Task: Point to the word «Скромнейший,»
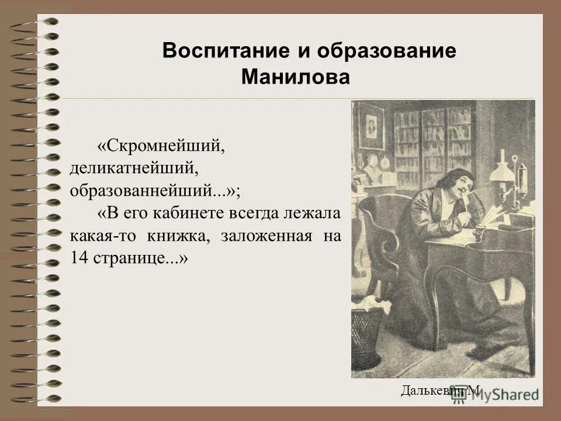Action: (161, 146)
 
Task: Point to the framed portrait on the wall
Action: (370, 126)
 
